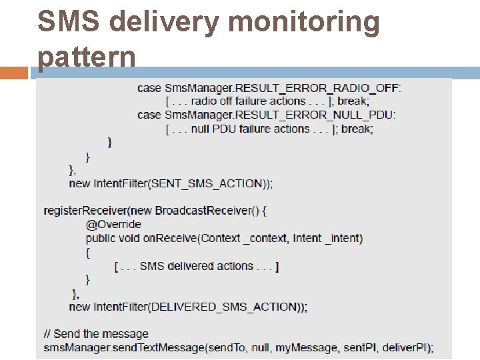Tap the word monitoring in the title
304,22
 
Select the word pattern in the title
87,58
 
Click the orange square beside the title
15,73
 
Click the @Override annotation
113,224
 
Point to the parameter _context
264,238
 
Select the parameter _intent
343,238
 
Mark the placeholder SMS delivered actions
197,266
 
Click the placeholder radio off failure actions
248,101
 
